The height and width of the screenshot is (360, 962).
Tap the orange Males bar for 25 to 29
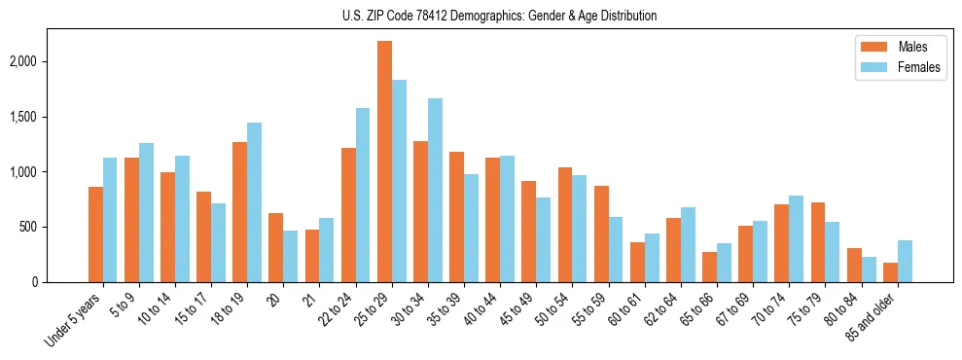(x=384, y=162)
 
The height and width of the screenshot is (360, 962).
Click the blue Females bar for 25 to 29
(x=399, y=181)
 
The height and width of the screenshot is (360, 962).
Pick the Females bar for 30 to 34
(x=435, y=190)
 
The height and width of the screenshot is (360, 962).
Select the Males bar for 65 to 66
(x=709, y=267)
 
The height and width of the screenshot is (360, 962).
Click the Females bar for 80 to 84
(x=869, y=270)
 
